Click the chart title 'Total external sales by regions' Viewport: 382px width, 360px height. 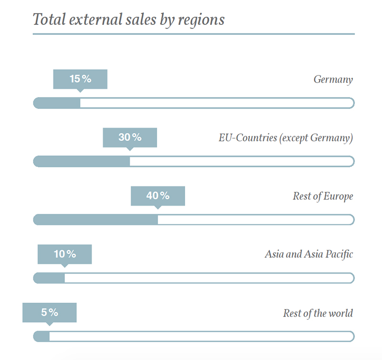(x=128, y=20)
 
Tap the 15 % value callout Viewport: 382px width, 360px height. (x=80, y=79)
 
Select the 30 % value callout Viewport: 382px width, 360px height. (x=130, y=137)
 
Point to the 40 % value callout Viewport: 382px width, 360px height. (x=158, y=196)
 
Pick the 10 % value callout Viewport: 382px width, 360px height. (x=64, y=254)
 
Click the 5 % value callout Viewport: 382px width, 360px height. (x=49, y=312)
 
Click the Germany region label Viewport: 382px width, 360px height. (x=333, y=79)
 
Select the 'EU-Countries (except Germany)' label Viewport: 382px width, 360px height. (x=286, y=138)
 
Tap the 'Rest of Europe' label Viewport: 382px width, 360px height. (x=323, y=196)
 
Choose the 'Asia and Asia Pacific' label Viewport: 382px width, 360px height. (x=308, y=254)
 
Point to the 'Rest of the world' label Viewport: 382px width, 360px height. (x=318, y=314)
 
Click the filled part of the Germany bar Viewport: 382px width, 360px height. (x=57, y=103)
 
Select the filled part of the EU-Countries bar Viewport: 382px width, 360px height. (x=82, y=162)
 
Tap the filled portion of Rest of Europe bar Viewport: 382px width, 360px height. (x=95, y=219)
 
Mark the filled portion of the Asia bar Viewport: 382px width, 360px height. (x=49, y=278)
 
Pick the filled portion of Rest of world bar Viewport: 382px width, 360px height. (x=42, y=337)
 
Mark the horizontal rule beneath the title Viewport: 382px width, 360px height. (x=193, y=34)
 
